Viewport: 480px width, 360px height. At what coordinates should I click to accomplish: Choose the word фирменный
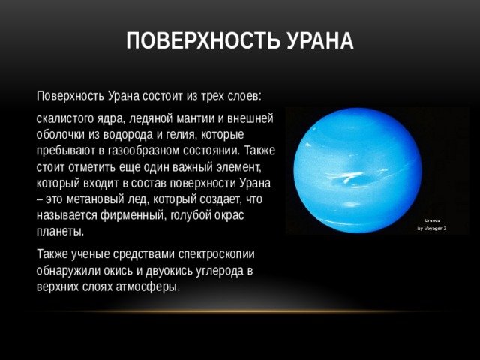click(133, 215)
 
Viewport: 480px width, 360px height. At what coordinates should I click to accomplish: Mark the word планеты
click(60, 232)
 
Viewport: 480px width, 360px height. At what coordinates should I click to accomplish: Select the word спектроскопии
click(217, 255)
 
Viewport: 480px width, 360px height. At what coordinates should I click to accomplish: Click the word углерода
click(220, 271)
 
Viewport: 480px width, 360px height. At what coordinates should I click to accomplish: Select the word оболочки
click(61, 135)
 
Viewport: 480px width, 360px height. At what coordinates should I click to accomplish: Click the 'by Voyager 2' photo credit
click(432, 229)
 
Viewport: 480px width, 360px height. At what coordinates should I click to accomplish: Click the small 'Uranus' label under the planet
click(433, 220)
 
